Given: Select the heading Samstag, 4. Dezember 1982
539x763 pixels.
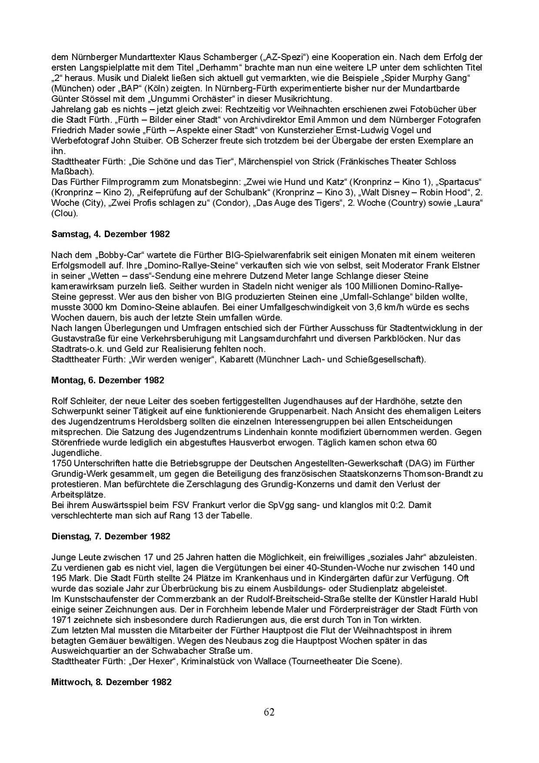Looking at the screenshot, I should pos(110,234).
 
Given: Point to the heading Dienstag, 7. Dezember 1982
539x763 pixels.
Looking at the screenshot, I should pos(110,536).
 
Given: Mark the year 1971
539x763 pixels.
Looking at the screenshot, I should pos(61,620).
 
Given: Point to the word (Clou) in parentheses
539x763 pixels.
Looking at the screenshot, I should pos(65,213).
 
